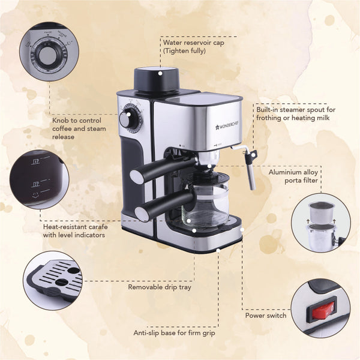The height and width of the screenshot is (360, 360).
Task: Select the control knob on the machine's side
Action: pos(127,119)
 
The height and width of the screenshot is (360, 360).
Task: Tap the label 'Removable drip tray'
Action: pos(160,287)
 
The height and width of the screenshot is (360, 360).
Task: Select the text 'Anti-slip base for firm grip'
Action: pos(174,332)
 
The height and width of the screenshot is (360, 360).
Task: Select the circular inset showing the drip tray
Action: pos(53,280)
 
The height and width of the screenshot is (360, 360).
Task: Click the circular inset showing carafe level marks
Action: pos(40,179)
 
